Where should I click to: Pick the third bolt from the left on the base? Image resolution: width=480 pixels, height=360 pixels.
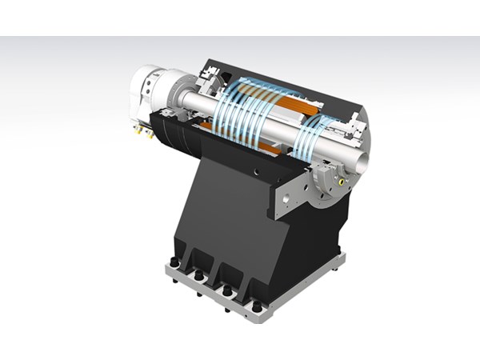(227, 288)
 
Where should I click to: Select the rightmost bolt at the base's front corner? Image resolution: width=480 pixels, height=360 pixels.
(257, 306)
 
